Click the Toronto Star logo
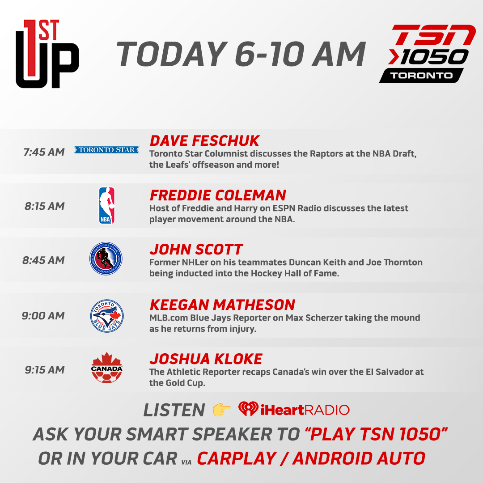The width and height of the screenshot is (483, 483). coord(106,150)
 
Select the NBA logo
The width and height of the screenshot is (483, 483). coord(106,205)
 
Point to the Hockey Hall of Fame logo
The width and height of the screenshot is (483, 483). coord(106,259)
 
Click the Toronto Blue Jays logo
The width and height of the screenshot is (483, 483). coord(107,315)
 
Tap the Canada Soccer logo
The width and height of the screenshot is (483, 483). coord(106,369)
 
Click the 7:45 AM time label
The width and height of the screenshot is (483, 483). coord(44,152)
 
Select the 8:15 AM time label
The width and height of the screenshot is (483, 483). coord(44,206)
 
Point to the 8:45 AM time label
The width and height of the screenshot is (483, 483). coord(44,260)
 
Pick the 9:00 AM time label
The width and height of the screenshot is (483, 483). coord(43,316)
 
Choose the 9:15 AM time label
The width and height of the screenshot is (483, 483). coord(44,370)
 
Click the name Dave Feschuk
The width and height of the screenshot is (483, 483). coord(204,141)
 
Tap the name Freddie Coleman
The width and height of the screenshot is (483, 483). coord(218,195)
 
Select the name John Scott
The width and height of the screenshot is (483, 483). coord(196,250)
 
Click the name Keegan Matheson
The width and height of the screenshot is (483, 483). coord(222,305)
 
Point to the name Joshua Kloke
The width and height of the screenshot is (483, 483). coord(206,359)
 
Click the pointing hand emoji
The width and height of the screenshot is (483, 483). coord(222,410)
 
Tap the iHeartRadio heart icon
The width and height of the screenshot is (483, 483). coord(248,409)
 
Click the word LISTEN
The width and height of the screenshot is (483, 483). coord(174,410)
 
